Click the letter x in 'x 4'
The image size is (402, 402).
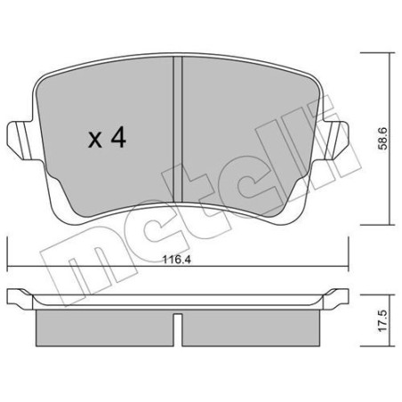(95, 138)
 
